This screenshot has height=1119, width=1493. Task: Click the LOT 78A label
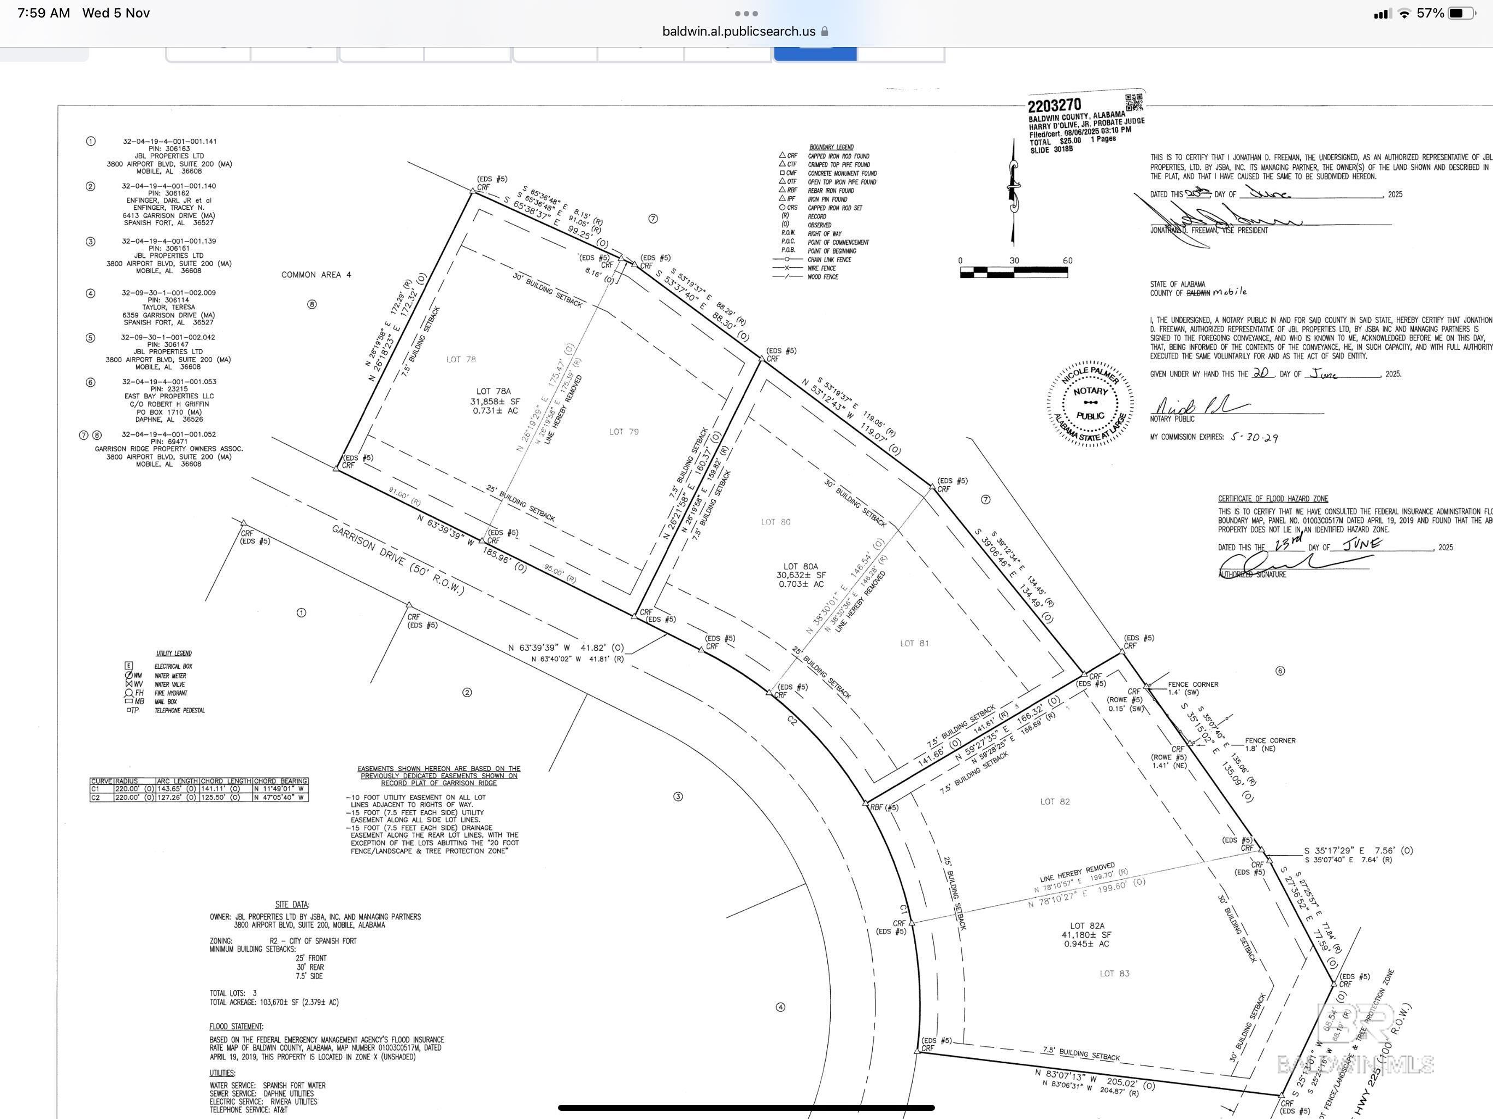point(493,391)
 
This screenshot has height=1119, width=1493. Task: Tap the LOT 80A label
point(801,566)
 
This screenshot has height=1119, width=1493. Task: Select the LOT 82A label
point(1086,926)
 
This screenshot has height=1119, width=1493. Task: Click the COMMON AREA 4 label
point(316,275)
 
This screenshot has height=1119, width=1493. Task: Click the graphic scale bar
point(1013,272)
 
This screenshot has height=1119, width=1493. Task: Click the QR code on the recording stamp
point(1134,103)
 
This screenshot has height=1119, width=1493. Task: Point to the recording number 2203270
point(1054,106)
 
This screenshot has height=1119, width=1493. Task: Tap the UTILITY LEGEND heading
point(173,653)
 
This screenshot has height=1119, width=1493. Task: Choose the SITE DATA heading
point(292,904)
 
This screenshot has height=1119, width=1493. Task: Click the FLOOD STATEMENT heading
point(236,1027)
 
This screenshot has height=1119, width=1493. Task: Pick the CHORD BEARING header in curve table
point(280,781)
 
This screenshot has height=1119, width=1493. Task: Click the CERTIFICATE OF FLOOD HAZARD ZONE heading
point(1272,499)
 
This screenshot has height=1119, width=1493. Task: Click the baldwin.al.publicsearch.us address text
point(738,31)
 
